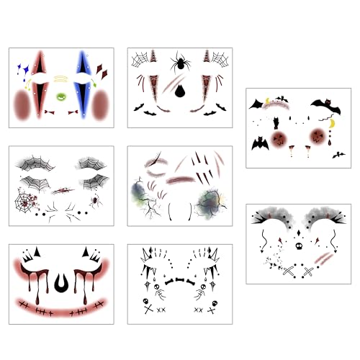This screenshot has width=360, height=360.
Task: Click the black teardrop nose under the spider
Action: coord(179,89)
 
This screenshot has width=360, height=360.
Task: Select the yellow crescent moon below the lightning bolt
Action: coord(331,124)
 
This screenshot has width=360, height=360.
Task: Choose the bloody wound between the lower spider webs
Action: coord(63,191)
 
